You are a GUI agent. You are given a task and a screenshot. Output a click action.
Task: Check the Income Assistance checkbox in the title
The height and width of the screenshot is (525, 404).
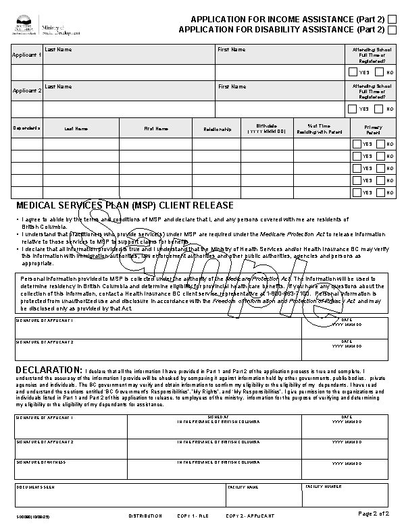click(392, 18)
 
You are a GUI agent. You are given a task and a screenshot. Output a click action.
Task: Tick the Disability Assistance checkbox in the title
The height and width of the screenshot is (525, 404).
click(392, 30)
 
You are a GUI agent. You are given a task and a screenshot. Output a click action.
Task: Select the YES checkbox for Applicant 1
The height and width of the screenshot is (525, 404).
click(353, 72)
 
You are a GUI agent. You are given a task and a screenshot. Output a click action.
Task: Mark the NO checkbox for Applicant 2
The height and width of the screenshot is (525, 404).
click(379, 109)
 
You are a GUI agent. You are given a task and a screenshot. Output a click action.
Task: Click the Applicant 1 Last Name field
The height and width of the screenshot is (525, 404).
click(128, 72)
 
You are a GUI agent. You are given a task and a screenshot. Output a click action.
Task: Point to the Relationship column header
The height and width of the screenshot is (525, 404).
click(217, 128)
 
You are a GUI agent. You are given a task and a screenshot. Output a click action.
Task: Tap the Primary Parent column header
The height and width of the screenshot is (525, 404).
click(373, 129)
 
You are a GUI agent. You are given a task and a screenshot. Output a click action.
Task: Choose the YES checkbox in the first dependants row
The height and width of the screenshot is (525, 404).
click(357, 144)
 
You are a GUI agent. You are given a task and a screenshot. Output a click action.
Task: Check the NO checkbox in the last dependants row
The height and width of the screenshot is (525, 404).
click(380, 192)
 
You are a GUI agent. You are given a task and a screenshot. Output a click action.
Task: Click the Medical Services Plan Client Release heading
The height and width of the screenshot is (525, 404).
click(124, 205)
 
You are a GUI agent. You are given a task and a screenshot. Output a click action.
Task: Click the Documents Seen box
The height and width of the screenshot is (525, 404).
click(118, 495)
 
